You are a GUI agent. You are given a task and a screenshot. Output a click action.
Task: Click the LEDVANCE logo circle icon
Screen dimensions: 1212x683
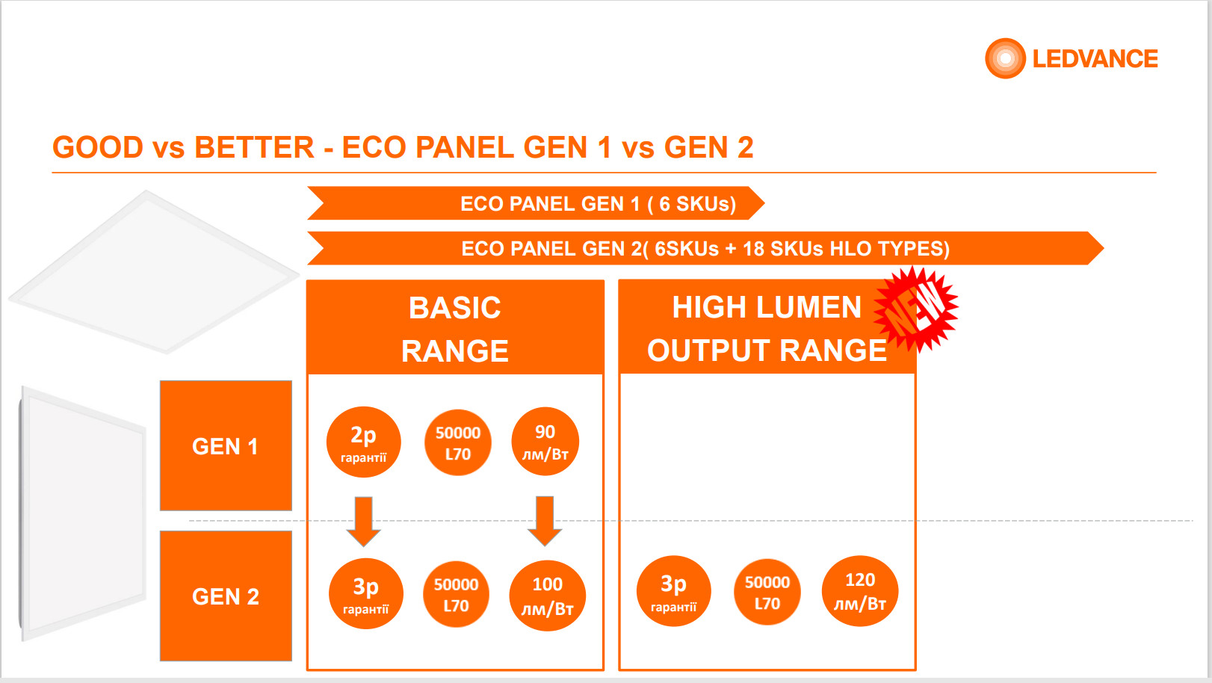[1005, 58]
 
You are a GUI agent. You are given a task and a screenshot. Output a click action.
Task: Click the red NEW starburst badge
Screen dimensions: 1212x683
[916, 309]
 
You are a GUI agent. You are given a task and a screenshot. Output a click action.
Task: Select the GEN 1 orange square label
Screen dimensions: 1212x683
[226, 445]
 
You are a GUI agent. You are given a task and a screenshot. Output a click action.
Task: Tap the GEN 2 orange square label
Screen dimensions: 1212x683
[226, 596]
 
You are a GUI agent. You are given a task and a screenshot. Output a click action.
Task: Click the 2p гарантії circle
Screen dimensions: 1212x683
[364, 442]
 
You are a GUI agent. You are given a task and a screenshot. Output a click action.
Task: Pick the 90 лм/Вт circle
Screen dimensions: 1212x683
[545, 442]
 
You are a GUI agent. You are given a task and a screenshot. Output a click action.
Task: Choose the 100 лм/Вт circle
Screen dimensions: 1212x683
[547, 596]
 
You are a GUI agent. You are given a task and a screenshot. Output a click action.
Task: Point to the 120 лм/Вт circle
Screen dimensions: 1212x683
[860, 591]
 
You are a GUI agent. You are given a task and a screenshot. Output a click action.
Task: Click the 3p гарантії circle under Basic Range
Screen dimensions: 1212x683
[365, 593]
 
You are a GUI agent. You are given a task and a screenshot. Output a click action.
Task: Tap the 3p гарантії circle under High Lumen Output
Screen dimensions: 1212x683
[674, 591]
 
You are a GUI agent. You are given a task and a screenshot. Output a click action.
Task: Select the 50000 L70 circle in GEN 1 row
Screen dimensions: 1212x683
[458, 442]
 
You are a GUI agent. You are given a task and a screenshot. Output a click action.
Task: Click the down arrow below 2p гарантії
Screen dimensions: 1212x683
[364, 522]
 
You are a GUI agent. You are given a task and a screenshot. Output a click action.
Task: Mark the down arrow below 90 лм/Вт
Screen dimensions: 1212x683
[545, 521]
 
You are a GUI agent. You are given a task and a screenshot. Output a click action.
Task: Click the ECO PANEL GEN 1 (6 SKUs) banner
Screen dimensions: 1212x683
[536, 203]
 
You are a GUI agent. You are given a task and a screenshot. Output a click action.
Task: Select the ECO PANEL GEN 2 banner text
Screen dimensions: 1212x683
[705, 248]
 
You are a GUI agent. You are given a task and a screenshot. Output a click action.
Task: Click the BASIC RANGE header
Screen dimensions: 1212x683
[455, 327]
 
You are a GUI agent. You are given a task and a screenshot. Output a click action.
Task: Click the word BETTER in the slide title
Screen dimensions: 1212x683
[254, 147]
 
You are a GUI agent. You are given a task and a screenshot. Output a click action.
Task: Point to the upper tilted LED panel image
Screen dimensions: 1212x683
[154, 272]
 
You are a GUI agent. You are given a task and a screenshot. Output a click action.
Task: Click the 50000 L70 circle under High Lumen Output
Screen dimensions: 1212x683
[767, 592]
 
